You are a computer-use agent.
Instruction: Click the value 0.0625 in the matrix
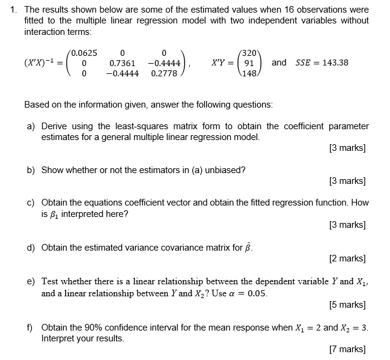pos(84,52)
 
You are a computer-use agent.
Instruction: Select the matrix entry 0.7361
pos(122,63)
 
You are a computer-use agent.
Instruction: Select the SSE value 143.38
pos(335,63)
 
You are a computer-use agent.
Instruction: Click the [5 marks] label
pos(348,305)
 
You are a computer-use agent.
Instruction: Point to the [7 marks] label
pos(348,349)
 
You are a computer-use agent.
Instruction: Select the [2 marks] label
pos(348,259)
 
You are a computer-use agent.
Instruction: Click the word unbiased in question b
pos(224,170)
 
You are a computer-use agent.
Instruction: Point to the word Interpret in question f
pos(57,338)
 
